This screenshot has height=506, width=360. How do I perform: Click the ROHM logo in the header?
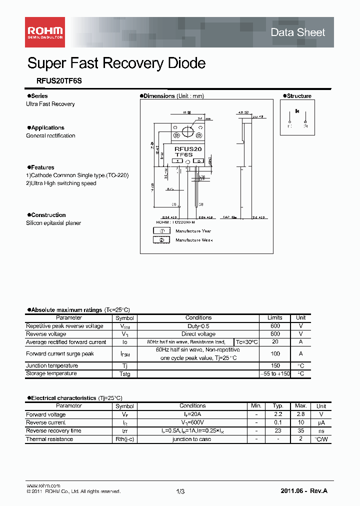pyautogui.click(x=45, y=32)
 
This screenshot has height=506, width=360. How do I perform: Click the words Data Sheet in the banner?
pyautogui.click(x=297, y=32)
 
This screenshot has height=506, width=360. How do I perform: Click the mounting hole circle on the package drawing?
pyautogui.click(x=188, y=132)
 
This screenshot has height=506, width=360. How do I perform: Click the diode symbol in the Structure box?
pyautogui.click(x=297, y=111)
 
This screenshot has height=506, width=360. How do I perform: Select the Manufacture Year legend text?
pyautogui.click(x=193, y=231)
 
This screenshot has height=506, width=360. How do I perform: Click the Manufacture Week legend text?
pyautogui.click(x=194, y=240)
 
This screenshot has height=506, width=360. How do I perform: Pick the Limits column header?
pyautogui.click(x=274, y=317)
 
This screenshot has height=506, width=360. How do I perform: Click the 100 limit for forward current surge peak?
pyautogui.click(x=274, y=353)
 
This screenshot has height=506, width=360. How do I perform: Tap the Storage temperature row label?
pyautogui.click(x=51, y=373)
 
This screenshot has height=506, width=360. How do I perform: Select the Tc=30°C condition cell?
pyautogui.click(x=246, y=342)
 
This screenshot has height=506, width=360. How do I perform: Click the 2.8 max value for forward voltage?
pyautogui.click(x=300, y=414)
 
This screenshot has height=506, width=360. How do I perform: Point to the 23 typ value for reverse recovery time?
pyautogui.click(x=278, y=430)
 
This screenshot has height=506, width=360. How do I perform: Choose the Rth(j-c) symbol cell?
pyautogui.click(x=124, y=439)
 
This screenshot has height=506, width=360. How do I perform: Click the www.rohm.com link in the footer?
pyautogui.click(x=43, y=485)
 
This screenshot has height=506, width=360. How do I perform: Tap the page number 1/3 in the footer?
pyautogui.click(x=180, y=492)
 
